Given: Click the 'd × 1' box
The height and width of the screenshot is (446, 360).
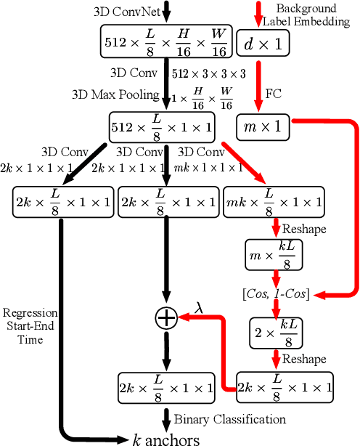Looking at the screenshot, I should (262, 44).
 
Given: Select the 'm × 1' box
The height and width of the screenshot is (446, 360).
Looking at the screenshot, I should (262, 127).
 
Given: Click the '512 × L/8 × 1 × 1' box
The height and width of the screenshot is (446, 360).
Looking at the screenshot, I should (163, 127).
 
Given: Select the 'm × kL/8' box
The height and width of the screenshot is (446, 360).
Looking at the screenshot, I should (275, 256).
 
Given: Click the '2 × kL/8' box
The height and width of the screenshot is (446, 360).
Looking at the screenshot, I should (275, 333).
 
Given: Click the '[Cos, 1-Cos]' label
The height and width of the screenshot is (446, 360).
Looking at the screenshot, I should (275, 293).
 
